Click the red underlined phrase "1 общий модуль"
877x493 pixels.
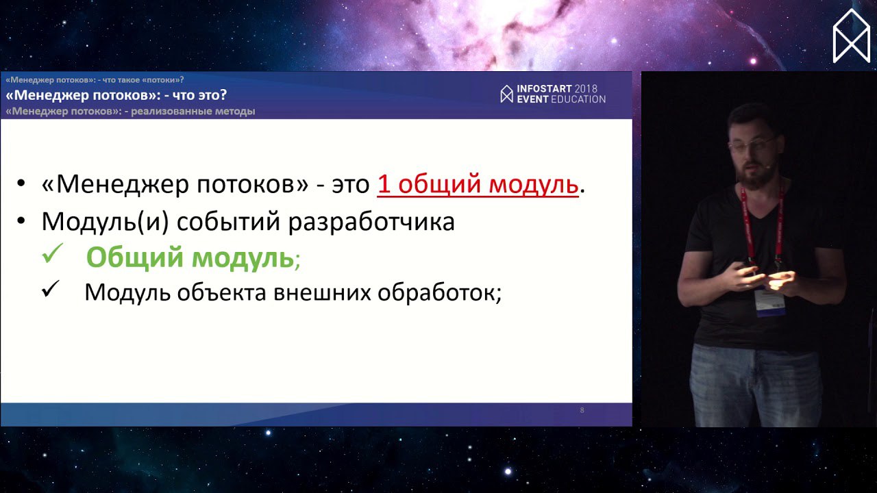tap(478, 184)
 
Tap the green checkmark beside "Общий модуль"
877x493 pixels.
tap(53, 253)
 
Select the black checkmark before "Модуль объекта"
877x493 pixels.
tap(51, 289)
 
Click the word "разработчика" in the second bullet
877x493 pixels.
tap(371, 223)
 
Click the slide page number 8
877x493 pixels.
tap(582, 410)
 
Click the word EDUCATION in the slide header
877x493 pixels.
tap(578, 99)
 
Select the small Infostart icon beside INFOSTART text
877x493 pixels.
tap(506, 94)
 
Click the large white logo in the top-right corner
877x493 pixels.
tap(852, 36)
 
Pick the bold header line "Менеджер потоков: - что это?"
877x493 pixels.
tap(116, 95)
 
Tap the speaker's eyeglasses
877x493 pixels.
tap(751, 144)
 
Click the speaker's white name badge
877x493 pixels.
tap(770, 301)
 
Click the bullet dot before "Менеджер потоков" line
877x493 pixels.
tap(21, 183)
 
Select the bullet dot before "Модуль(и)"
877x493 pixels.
tap(21, 220)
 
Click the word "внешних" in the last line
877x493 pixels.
tap(322, 292)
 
